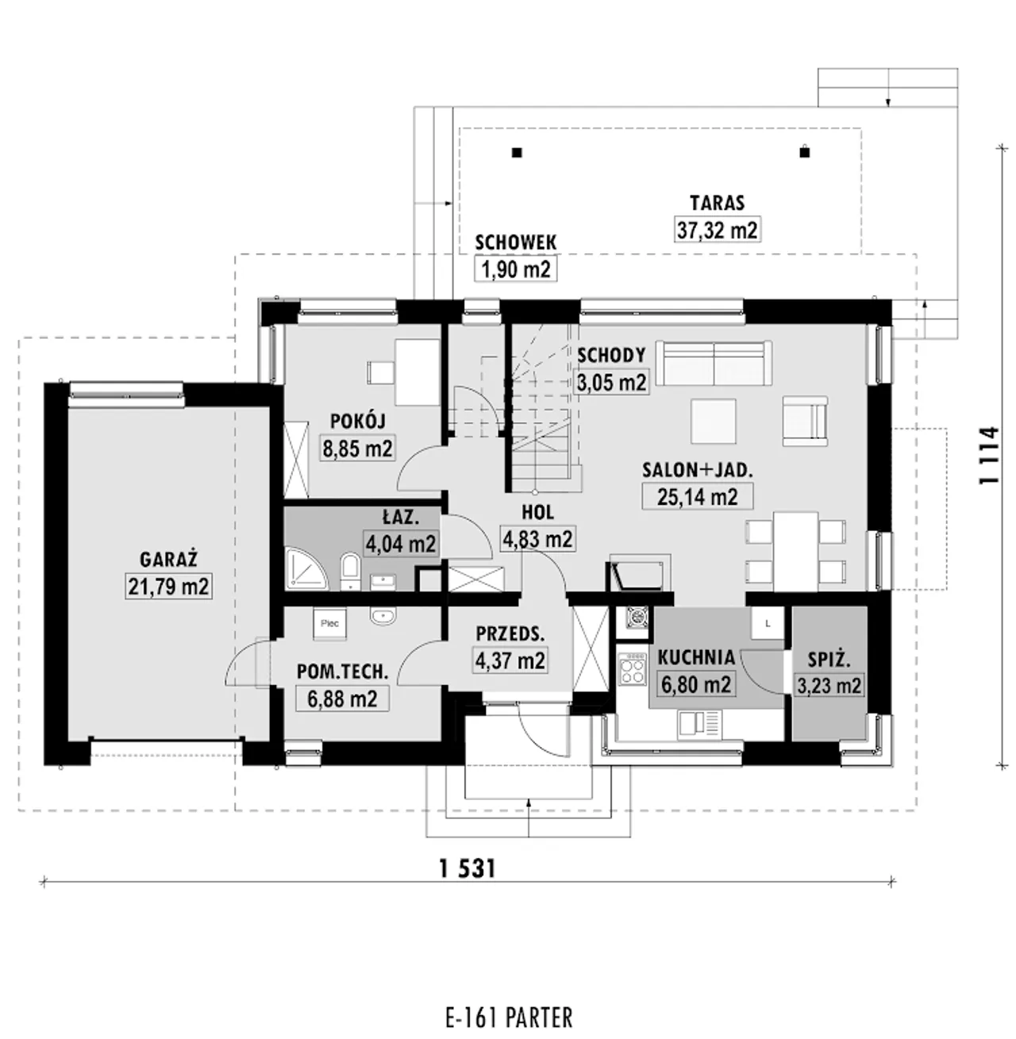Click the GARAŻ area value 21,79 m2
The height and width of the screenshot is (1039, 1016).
(168, 587)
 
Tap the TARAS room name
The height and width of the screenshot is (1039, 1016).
(717, 203)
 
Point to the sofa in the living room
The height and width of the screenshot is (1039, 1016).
(714, 363)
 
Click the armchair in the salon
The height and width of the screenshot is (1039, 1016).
(805, 421)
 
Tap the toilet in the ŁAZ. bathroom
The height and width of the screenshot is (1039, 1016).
(350, 571)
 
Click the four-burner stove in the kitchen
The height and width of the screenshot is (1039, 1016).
(632, 668)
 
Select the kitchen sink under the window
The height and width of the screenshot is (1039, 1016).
(699, 725)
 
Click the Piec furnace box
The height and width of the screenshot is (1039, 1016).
(329, 623)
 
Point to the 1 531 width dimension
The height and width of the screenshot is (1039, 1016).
(468, 868)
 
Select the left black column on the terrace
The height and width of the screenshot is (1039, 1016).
(516, 152)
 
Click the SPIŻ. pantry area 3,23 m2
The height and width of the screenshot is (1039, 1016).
(829, 685)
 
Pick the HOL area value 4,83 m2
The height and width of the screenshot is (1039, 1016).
(537, 539)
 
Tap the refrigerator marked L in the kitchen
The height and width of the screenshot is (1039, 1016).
(768, 623)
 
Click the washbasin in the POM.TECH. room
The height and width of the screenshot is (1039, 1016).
(383, 616)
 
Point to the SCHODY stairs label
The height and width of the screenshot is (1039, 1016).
(611, 355)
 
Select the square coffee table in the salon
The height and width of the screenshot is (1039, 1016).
(714, 421)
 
